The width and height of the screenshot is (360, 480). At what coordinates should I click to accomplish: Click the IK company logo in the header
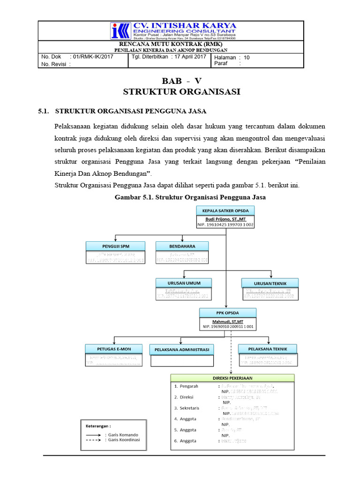coord(119,31)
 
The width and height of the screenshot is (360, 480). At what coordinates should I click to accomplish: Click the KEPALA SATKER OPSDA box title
coord(226,210)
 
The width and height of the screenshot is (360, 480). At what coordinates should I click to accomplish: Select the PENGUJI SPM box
coord(115,246)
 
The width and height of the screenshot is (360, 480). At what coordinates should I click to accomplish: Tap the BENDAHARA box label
coord(182,246)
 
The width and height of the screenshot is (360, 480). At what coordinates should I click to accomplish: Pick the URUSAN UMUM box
coord(184,283)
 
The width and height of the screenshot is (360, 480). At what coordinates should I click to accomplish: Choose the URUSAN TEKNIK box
coord(270,283)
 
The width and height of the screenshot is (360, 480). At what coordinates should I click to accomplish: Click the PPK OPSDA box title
coord(227,313)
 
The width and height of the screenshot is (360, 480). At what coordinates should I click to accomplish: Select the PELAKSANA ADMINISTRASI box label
coord(181,350)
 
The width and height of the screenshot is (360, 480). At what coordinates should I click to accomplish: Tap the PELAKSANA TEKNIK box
coord(267,349)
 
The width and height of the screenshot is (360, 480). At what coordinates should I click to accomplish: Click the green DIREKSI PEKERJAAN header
coord(232,377)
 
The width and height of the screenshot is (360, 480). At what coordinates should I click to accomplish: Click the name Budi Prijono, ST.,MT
coord(226,218)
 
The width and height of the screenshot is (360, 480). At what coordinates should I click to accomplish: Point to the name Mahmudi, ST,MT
coord(227,320)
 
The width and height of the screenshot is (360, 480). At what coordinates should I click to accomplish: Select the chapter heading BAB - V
coord(181,81)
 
